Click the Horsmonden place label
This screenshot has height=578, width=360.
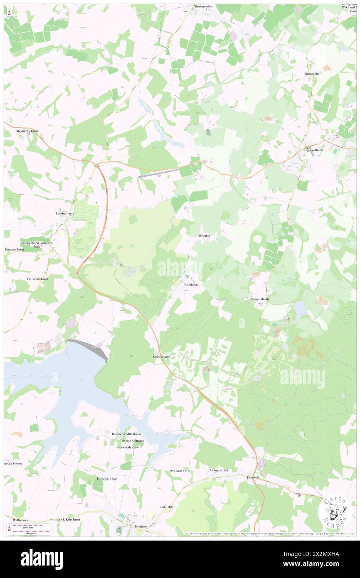pyautogui.click(x=204, y=7)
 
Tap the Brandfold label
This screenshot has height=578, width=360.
pyautogui.click(x=312, y=74)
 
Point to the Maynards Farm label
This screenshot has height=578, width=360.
pyautogui.click(x=27, y=131)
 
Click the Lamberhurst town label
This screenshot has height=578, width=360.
pyautogui.click(x=65, y=213)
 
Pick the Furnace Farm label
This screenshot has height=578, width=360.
pyautogui.click(x=14, y=249)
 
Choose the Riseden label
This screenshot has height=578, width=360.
pyautogui.click(x=205, y=236)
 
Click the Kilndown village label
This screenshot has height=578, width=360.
pyautogui.click(x=191, y=285)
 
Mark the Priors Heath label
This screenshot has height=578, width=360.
pyautogui.click(x=260, y=299)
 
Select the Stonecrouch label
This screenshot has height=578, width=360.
pyautogui.click(x=162, y=357)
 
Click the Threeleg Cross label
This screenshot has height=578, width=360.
pyautogui.click(x=107, y=479)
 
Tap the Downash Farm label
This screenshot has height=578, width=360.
pyautogui.click(x=180, y=471)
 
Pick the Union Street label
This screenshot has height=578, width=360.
pyautogui.click(x=219, y=470)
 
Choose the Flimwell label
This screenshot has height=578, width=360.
pyautogui.click(x=252, y=477)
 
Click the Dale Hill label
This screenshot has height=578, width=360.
pyautogui.click(x=166, y=507)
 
